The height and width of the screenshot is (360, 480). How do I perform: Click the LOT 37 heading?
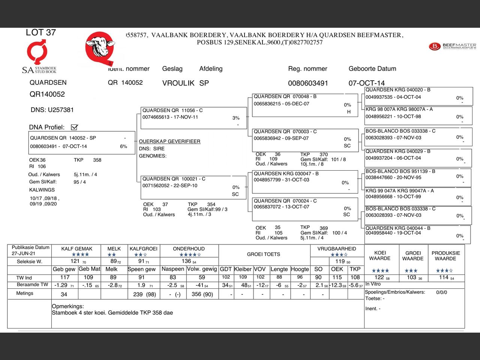(40, 33)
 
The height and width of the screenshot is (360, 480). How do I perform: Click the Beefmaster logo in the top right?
(452, 46)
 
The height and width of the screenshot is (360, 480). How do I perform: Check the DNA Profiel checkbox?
(74, 127)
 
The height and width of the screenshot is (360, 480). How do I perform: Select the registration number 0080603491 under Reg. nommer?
(308, 83)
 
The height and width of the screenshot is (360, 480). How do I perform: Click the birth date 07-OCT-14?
(366, 83)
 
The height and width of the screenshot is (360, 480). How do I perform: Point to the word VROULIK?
(178, 83)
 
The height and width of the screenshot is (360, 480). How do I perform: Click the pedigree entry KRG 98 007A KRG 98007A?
(418, 113)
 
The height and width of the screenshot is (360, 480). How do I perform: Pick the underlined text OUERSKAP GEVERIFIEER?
(169, 141)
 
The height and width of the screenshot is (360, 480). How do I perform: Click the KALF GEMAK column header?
(76, 249)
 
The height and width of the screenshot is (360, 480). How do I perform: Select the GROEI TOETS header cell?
(263, 254)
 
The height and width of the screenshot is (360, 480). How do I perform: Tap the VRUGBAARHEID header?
(336, 249)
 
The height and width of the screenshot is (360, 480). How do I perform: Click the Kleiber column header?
(243, 269)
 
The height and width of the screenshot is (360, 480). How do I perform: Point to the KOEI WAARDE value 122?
(379, 277)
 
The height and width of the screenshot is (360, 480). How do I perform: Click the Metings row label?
(25, 293)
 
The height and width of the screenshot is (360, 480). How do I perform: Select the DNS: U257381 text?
(52, 110)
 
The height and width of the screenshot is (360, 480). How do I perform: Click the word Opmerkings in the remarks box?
(68, 306)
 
